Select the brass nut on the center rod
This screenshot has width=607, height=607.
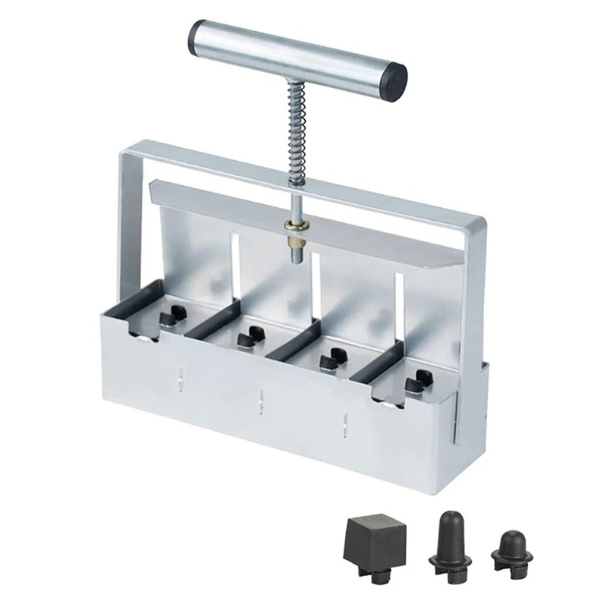pos(295,228)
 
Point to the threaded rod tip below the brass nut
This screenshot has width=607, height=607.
pos(296,251)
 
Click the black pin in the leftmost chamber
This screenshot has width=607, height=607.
pos(175,313)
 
